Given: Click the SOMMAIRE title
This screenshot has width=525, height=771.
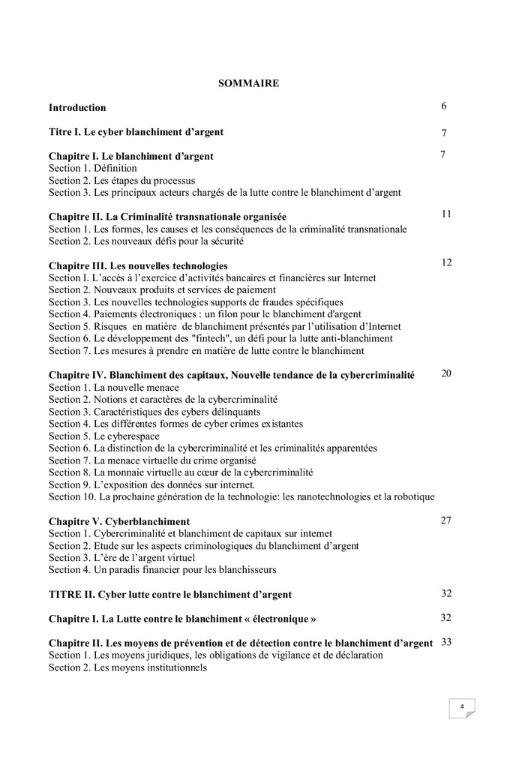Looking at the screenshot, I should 248,83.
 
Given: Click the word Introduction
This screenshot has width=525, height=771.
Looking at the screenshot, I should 77,108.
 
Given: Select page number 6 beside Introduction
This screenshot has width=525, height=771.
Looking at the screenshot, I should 444,106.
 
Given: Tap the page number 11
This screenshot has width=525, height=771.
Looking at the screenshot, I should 445,214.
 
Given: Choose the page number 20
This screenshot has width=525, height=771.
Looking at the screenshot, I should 445,373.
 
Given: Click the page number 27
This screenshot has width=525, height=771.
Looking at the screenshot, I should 445,520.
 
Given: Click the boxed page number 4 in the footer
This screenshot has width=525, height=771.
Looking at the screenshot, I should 462,706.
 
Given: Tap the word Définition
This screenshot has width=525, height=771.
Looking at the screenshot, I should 115,169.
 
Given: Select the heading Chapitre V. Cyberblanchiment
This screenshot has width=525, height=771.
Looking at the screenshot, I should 119,521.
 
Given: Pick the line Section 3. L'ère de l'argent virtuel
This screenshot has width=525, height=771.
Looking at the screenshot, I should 122,557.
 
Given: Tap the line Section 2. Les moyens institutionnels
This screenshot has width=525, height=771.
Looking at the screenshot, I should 127,667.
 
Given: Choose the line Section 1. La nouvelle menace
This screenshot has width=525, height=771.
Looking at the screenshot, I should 114,387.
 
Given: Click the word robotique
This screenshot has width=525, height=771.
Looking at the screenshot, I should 411,496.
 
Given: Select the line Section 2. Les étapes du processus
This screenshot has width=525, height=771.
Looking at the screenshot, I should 122,181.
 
